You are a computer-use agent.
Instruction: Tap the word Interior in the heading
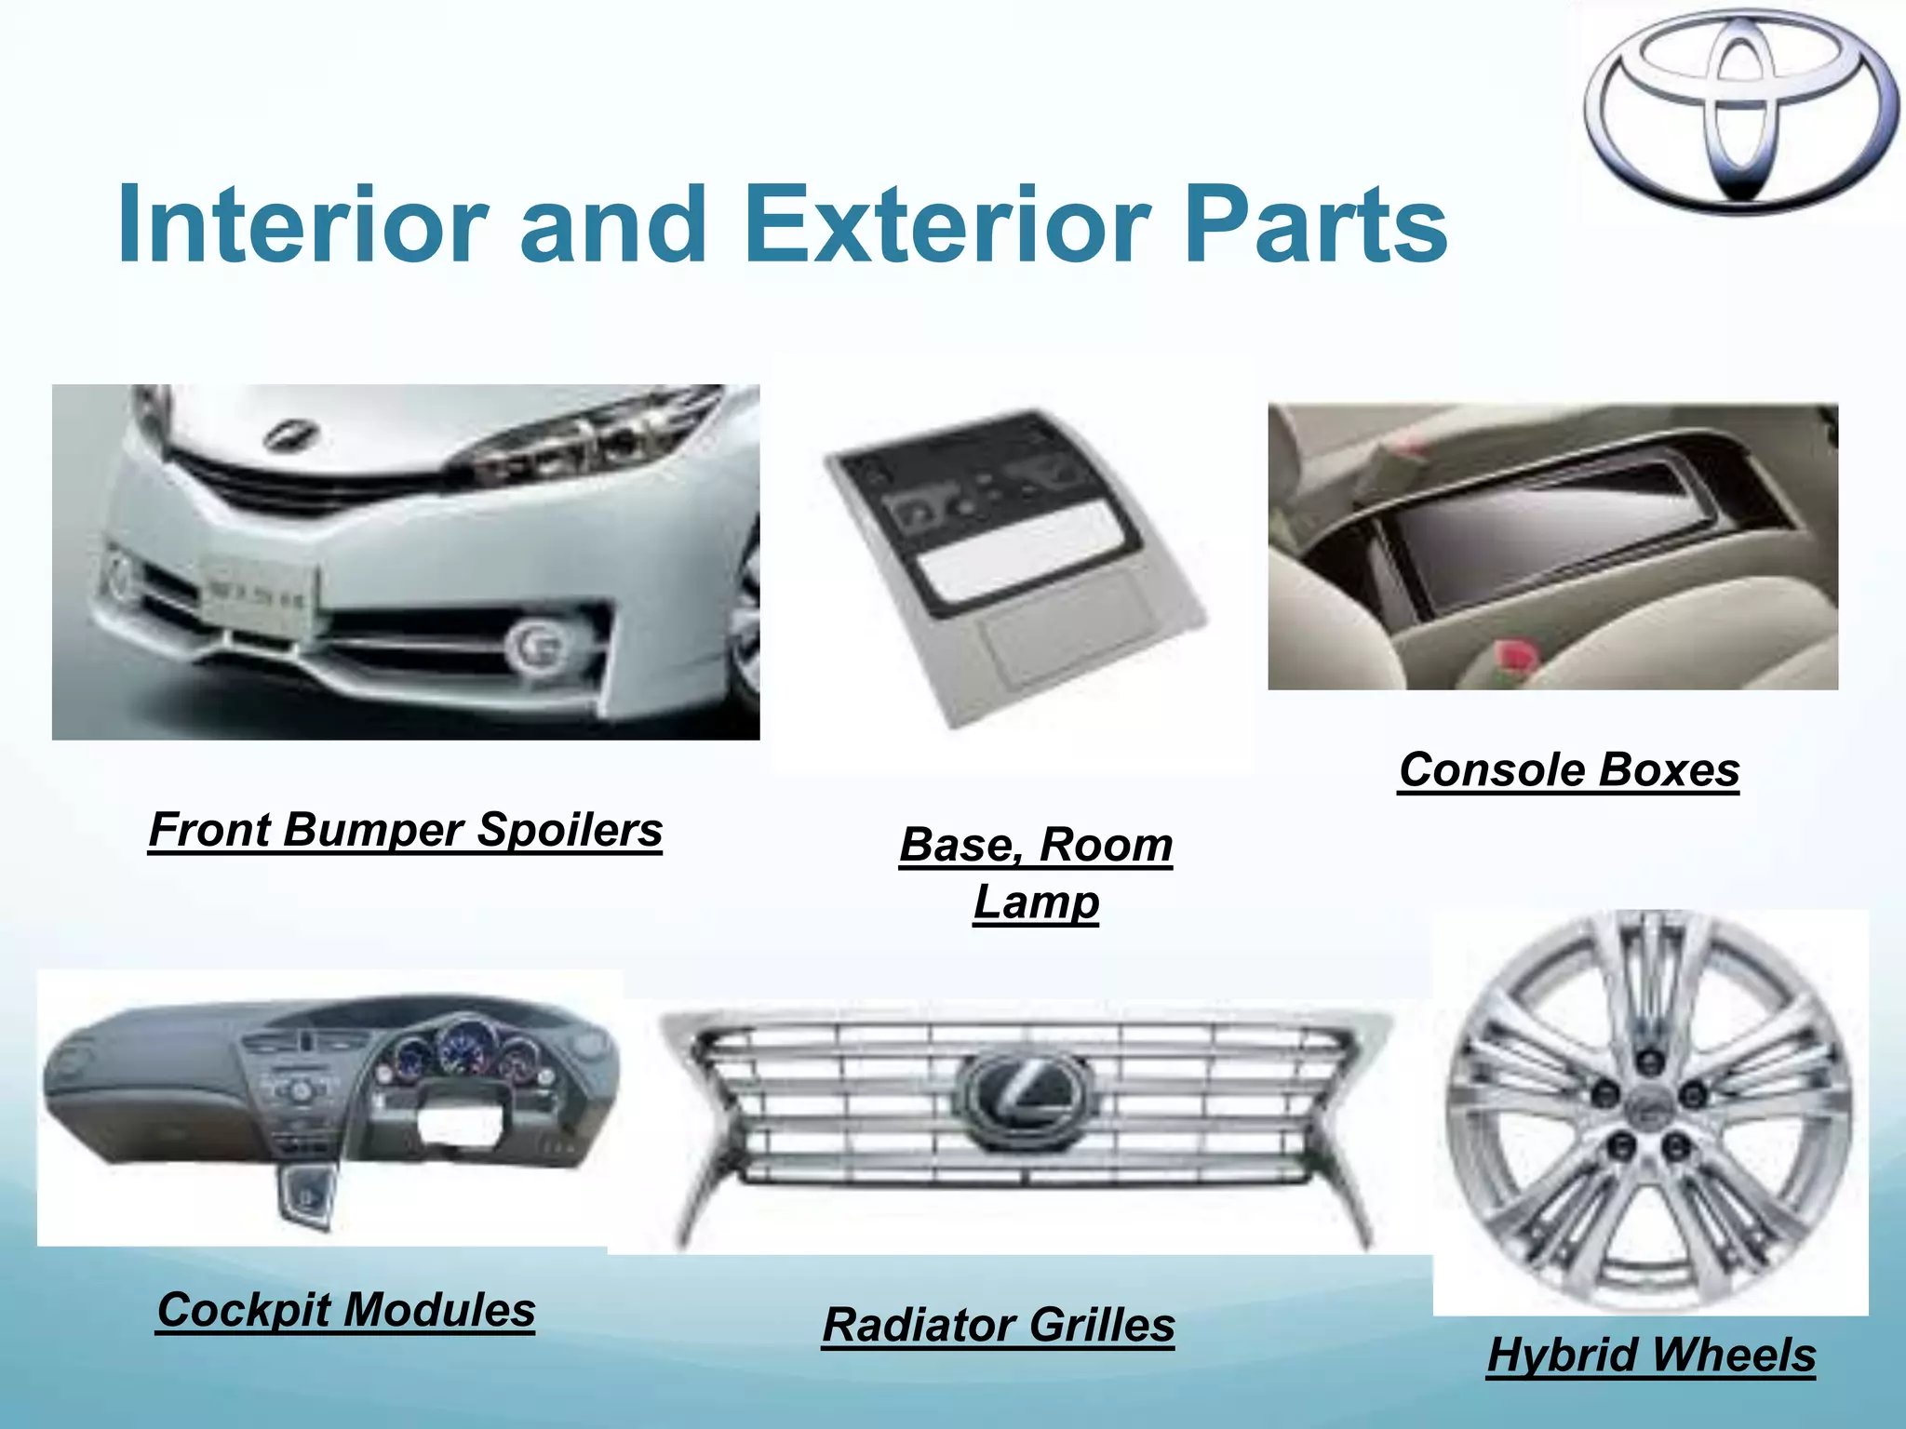[x=302, y=225]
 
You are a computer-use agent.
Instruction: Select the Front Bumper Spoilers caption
[x=405, y=830]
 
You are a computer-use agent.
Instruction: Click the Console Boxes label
[x=1569, y=770]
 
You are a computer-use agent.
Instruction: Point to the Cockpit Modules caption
[x=345, y=1310]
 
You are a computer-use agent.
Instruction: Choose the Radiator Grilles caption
[x=999, y=1325]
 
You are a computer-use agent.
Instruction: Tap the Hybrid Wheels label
[x=1651, y=1355]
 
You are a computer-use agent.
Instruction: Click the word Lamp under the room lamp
[x=1036, y=902]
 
